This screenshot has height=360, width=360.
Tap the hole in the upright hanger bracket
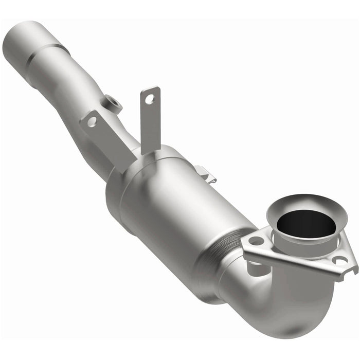coord(150,98)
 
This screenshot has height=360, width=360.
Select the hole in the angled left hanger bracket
coord(92,122)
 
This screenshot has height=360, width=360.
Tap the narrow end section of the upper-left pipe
coord(23,41)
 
